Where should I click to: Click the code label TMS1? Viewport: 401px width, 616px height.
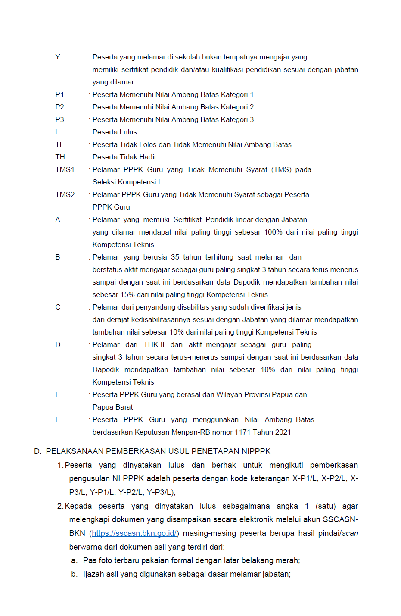(x=65, y=169)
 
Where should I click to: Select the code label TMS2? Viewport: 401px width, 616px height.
(x=65, y=194)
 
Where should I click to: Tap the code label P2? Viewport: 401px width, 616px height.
(x=59, y=107)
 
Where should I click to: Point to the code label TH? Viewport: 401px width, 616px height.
(x=60, y=157)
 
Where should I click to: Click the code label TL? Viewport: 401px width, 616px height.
(x=59, y=144)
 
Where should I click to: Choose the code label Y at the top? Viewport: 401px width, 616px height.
(x=58, y=57)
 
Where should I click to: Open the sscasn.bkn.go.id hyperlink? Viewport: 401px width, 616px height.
(x=134, y=533)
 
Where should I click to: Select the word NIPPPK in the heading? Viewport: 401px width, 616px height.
(x=256, y=451)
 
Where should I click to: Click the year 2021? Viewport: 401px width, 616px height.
(x=282, y=432)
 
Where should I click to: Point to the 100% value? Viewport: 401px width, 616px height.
(x=273, y=232)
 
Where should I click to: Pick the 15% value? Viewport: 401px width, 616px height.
(x=127, y=294)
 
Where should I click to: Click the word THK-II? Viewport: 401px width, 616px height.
(x=154, y=344)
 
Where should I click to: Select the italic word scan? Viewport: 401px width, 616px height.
(x=350, y=533)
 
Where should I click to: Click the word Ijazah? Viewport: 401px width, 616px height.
(x=93, y=574)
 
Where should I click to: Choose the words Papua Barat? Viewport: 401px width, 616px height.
(x=112, y=407)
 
